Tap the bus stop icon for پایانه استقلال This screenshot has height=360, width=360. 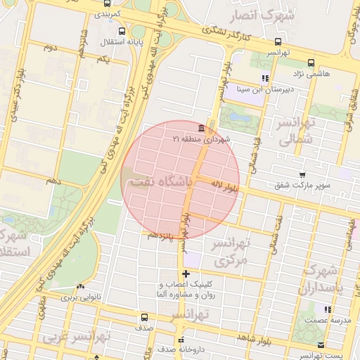point(122,32)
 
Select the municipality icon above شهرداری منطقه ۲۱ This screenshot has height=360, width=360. point(202,129)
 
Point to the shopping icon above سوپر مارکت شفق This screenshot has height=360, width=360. point(302,175)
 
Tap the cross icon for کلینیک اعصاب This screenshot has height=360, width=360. point(186,274)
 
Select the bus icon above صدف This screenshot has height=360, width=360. point(144,317)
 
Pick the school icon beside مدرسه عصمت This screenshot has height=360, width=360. point(328,309)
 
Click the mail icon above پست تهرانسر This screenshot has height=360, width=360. point(321,345)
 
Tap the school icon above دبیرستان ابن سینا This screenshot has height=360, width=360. point(264,78)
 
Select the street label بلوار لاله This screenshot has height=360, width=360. point(226,187)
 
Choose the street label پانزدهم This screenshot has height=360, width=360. point(159,234)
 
